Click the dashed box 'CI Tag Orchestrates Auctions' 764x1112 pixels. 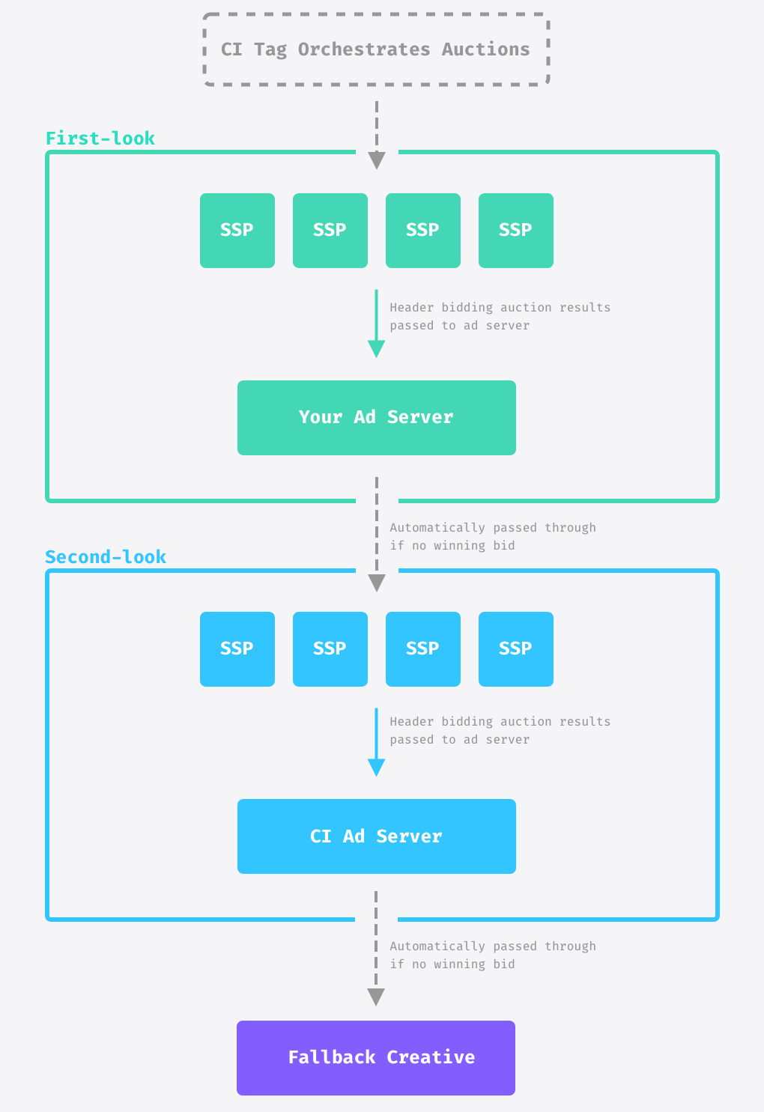(x=376, y=49)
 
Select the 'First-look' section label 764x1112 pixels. (x=100, y=139)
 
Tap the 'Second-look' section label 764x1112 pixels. (x=106, y=557)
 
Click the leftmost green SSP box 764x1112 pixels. (x=237, y=231)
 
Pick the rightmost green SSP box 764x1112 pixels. (x=515, y=231)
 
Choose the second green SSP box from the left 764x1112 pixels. (x=330, y=231)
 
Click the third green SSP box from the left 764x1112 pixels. (x=422, y=231)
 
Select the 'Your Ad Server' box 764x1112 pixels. (x=376, y=418)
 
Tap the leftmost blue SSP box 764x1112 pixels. (x=237, y=649)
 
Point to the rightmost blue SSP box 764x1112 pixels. (x=515, y=649)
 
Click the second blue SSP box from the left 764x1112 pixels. (x=330, y=649)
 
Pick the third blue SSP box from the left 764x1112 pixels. (x=422, y=649)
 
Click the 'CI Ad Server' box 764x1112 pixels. (x=376, y=836)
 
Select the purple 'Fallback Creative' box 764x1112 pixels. (x=376, y=1057)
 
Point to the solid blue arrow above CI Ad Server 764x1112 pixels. (x=376, y=742)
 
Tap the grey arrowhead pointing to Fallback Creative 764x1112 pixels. (x=376, y=997)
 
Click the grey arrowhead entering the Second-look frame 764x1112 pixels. (x=377, y=583)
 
